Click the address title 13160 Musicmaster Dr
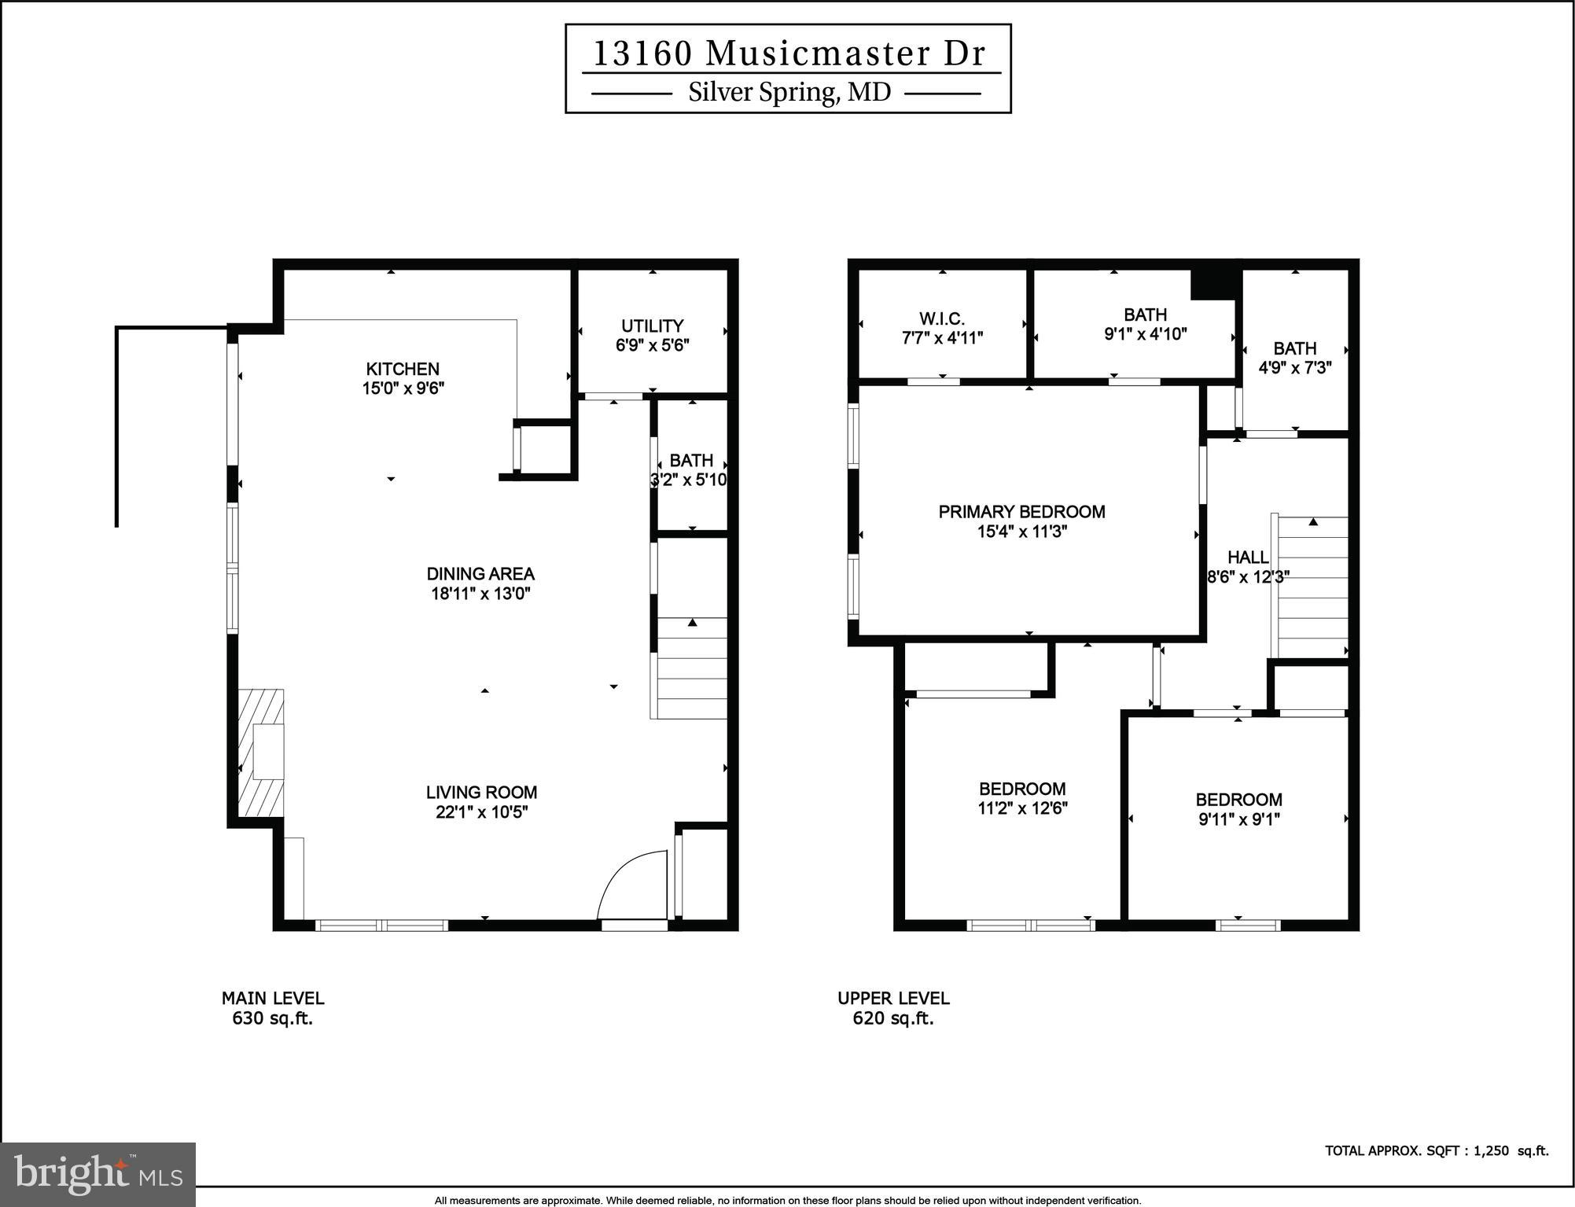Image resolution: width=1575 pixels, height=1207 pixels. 788,53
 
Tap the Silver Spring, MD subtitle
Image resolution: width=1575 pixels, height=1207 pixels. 789,93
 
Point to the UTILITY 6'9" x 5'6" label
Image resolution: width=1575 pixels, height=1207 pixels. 652,335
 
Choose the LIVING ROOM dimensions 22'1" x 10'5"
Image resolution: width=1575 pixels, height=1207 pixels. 481,812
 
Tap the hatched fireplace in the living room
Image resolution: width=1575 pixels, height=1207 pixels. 262,753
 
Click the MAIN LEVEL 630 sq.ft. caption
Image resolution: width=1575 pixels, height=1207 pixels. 273,1008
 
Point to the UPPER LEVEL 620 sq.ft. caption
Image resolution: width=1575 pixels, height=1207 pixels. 893,1008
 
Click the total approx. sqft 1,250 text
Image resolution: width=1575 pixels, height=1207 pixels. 1436,1150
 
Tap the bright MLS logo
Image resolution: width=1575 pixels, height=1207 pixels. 98,1173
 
